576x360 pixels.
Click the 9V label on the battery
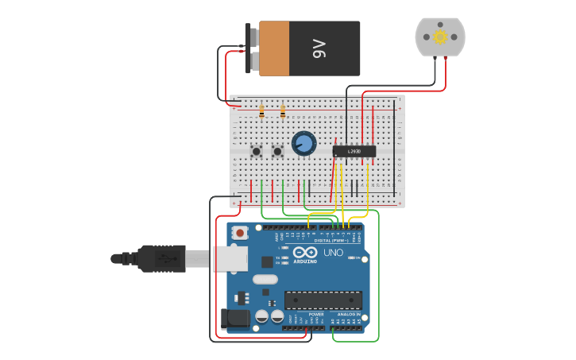click(319, 48)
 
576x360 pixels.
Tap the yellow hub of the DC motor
click(440, 37)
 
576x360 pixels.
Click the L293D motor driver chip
click(354, 151)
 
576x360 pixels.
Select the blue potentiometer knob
click(303, 144)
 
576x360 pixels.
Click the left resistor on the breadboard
click(261, 113)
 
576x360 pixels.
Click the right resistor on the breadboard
click(282, 113)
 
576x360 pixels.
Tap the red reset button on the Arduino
click(239, 234)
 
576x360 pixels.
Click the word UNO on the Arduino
click(333, 253)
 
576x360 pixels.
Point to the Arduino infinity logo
click(305, 252)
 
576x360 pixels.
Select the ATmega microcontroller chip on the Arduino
click(323, 300)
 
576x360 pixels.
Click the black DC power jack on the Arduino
click(237, 318)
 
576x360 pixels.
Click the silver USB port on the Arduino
click(230, 258)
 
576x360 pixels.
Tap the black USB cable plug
click(163, 258)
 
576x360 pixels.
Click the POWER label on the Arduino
click(315, 315)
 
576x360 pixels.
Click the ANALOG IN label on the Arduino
click(347, 315)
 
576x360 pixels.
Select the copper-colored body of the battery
click(274, 48)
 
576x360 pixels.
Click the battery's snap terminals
click(253, 48)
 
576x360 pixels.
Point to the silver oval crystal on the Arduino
click(265, 280)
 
